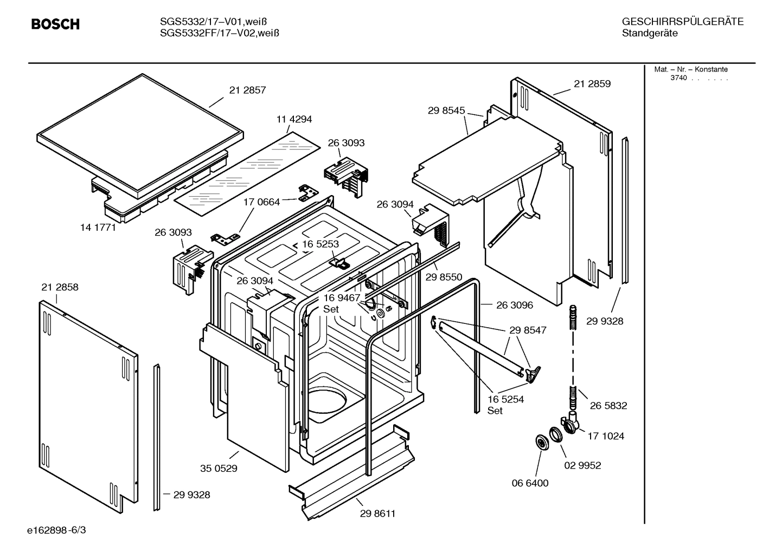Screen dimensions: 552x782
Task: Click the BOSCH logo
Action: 55,24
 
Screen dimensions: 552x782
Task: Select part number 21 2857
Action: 247,90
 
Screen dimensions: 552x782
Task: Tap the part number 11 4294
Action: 294,119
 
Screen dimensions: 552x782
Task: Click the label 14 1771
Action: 98,228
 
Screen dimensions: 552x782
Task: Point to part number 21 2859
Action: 592,84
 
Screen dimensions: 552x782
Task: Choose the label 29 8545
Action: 446,111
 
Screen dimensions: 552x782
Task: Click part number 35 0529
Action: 219,469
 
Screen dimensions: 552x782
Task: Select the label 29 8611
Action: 377,514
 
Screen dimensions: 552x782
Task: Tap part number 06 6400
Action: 530,483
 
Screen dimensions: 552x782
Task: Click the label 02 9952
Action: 582,465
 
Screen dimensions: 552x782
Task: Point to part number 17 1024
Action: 606,436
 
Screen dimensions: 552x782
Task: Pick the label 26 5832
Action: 608,406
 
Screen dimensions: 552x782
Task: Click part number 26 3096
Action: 515,305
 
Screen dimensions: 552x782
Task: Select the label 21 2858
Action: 60,287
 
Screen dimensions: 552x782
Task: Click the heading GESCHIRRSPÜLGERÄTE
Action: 682,22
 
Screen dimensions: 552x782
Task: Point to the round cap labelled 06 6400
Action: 541,443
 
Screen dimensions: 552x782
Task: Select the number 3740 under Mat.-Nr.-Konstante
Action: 678,78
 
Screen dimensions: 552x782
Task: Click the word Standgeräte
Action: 650,34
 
